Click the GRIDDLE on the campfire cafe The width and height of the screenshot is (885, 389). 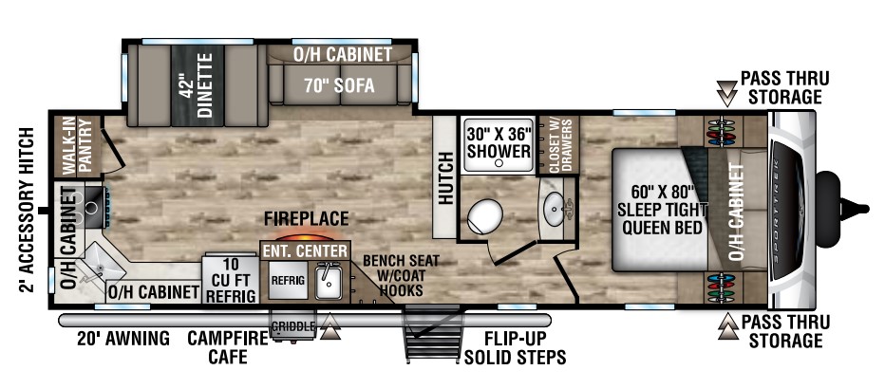[x=292, y=327]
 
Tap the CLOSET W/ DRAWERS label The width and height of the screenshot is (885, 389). [x=555, y=145]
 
